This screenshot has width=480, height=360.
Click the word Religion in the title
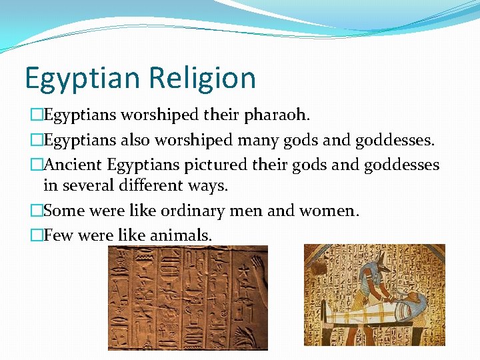203,78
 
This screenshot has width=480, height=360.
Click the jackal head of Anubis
368,267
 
